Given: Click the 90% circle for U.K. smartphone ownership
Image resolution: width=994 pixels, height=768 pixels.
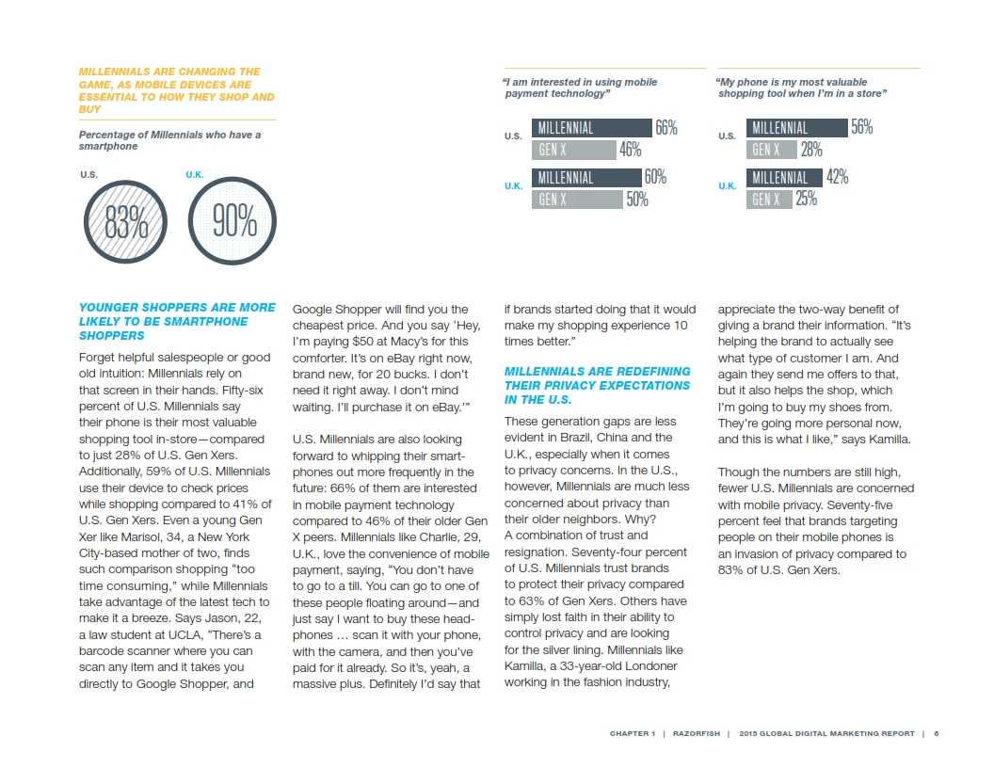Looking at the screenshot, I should click(x=232, y=222).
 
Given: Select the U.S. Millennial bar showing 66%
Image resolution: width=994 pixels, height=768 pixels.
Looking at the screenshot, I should click(x=592, y=128).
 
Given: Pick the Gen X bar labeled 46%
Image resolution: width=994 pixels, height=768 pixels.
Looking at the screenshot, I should click(x=573, y=150).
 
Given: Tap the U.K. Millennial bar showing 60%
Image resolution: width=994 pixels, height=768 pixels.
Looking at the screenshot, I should click(x=586, y=178).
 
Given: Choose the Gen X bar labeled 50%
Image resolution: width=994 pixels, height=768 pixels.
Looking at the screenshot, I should click(x=577, y=200).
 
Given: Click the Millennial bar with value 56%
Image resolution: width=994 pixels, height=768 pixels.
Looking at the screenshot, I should click(x=796, y=128).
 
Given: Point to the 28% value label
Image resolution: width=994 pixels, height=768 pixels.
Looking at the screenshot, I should click(x=811, y=150).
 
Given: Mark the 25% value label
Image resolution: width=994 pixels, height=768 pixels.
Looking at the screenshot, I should click(x=807, y=200).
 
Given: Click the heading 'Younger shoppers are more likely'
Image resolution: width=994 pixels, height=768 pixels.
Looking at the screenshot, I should click(x=177, y=321).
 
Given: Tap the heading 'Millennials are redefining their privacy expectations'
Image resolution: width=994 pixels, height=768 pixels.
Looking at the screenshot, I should click(x=597, y=385).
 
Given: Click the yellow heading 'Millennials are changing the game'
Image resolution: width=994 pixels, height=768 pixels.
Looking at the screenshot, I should click(x=176, y=90).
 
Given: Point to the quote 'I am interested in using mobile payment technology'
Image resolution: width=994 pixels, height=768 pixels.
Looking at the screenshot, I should click(x=580, y=88).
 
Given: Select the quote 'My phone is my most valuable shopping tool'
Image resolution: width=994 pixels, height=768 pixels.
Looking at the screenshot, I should click(x=802, y=88).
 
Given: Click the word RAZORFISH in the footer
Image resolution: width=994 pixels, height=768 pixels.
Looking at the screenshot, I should click(x=697, y=734).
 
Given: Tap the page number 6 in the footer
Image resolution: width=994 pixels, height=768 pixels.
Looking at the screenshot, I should click(x=937, y=734).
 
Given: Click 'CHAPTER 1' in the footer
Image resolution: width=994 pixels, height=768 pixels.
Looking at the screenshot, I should click(x=633, y=734).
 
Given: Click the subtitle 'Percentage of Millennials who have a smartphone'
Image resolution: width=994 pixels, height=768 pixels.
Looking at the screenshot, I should click(x=169, y=140).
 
